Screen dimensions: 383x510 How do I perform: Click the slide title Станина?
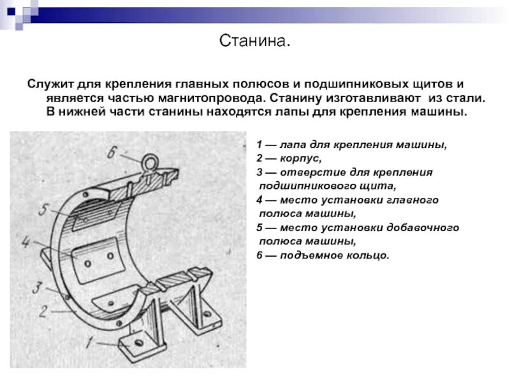254,42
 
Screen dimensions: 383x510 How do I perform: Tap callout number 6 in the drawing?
112,152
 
